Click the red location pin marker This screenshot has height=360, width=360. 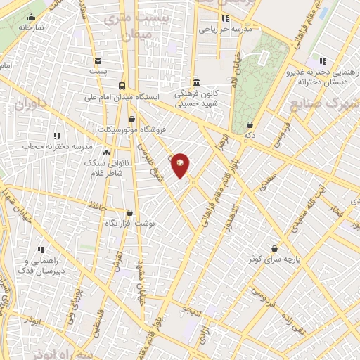point(180,165)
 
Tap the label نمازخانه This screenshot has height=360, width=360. point(31,27)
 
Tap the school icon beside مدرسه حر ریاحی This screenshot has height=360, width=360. point(225,19)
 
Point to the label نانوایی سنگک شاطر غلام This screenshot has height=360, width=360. point(103,168)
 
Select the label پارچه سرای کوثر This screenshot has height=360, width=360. point(273,259)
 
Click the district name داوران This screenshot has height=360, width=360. point(30,105)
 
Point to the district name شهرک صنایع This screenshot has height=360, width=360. point(325,104)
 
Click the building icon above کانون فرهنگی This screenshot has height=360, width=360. point(195,82)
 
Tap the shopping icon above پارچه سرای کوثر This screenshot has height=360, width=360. point(274,247)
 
